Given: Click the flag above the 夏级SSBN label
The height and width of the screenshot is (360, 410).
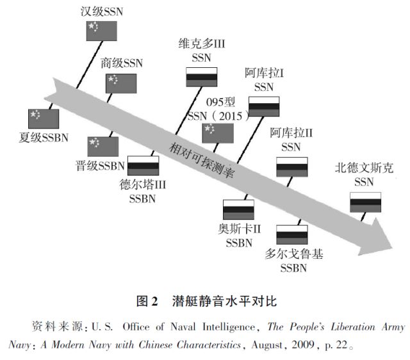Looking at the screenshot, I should (43, 119).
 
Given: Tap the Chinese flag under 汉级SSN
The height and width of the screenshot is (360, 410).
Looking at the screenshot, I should (102, 31).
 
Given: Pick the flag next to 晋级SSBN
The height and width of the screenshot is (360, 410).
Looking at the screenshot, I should (103, 146).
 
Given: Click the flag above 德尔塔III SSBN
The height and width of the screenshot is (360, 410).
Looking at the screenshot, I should (143, 167).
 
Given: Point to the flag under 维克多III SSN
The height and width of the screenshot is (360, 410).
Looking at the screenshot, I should (202, 77).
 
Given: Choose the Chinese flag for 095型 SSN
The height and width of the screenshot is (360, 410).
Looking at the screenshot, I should (218, 133).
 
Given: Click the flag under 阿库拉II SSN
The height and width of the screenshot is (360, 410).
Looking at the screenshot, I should (292, 165).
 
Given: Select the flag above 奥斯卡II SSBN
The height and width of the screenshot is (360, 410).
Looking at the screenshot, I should (238, 209).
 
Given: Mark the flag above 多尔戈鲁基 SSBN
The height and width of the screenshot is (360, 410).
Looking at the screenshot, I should (293, 234).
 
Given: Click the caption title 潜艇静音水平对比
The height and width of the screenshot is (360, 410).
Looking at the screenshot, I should (218, 300).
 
